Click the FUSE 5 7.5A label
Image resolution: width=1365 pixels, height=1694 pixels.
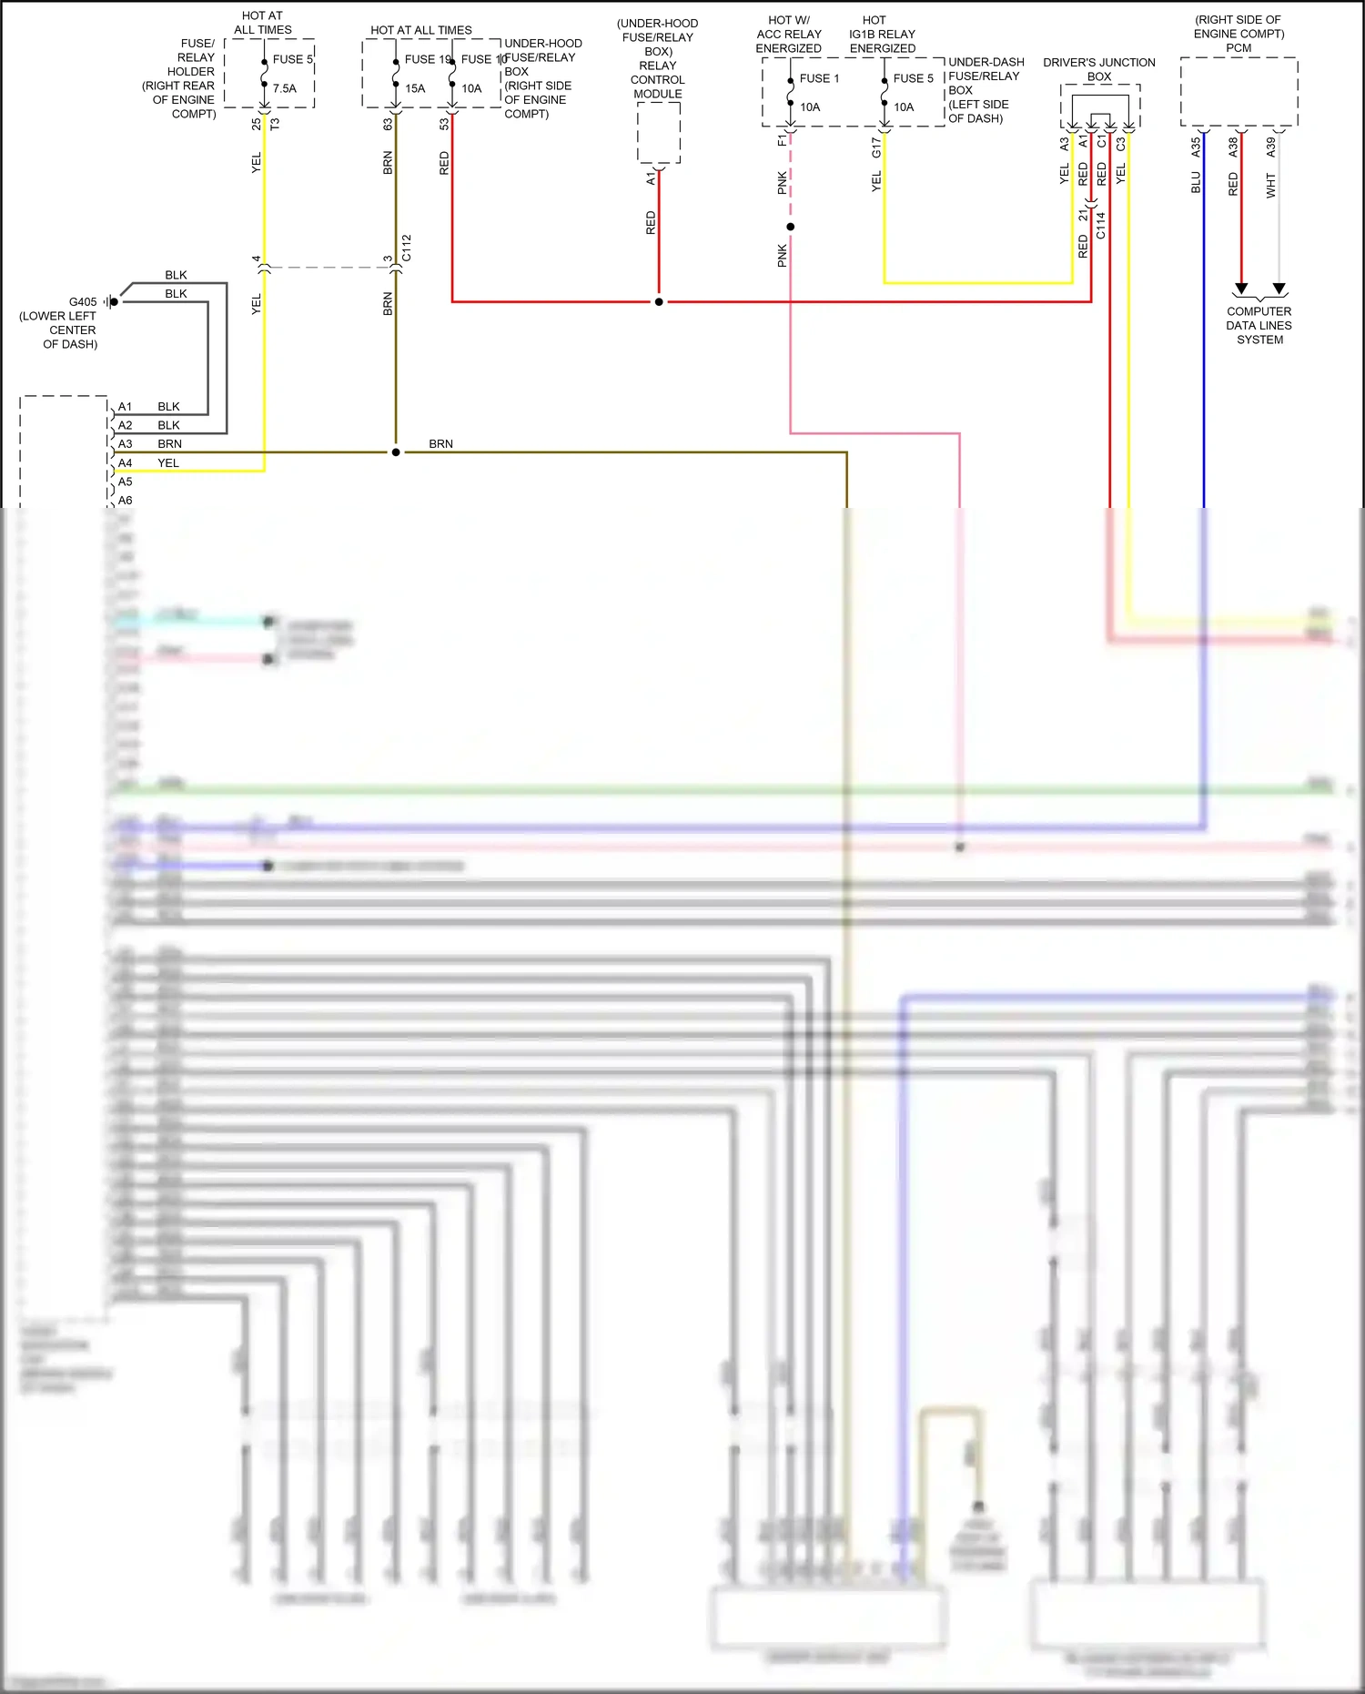coord(291,60)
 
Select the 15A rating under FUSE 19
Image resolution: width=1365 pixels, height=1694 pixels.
coord(415,88)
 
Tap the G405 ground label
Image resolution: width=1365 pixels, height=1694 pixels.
coord(83,301)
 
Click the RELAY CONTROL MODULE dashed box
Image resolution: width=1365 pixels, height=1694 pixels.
coord(658,133)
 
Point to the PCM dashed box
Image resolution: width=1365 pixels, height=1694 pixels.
coord(1238,91)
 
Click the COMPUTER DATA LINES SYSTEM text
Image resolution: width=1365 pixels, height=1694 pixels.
coord(1259,325)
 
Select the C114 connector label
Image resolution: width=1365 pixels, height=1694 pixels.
coord(1100,226)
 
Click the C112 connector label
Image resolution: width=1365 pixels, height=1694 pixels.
coord(407,248)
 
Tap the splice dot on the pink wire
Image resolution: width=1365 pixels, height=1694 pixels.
coord(790,227)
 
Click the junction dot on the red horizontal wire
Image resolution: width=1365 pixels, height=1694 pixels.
coord(659,301)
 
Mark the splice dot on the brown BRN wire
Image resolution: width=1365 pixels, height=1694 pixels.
coord(396,452)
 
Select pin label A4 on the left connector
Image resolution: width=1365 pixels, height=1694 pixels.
coord(126,462)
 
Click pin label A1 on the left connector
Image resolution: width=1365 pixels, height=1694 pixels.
coord(126,406)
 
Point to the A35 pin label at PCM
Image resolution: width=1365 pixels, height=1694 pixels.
coord(1196,145)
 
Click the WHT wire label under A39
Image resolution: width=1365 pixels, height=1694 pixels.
coord(1270,186)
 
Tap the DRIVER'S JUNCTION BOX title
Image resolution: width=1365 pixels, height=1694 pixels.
coord(1098,69)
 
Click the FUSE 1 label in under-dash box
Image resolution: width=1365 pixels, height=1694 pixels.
coord(819,78)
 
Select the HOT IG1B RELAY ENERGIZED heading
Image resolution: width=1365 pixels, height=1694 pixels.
coord(882,34)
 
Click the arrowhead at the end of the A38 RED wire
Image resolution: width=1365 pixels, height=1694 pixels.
coord(1240,289)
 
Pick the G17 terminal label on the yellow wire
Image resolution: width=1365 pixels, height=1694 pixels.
coord(876,147)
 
